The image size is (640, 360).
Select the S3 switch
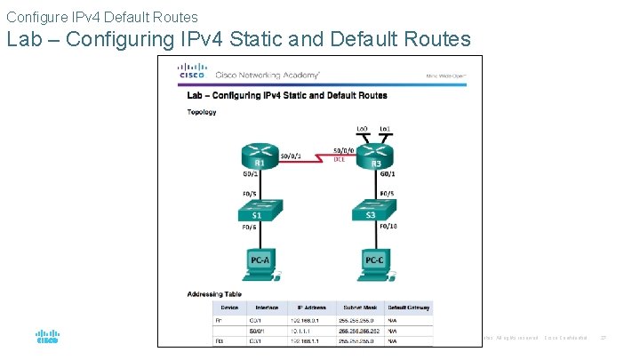(x=374, y=212)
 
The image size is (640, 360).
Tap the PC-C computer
(x=374, y=259)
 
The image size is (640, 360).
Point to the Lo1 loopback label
(x=385, y=129)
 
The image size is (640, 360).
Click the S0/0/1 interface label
(x=292, y=156)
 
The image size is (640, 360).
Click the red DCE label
(x=339, y=159)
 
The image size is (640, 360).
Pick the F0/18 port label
(x=389, y=227)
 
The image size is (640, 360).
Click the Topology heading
(x=202, y=112)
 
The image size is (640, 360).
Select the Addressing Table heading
(x=214, y=293)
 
